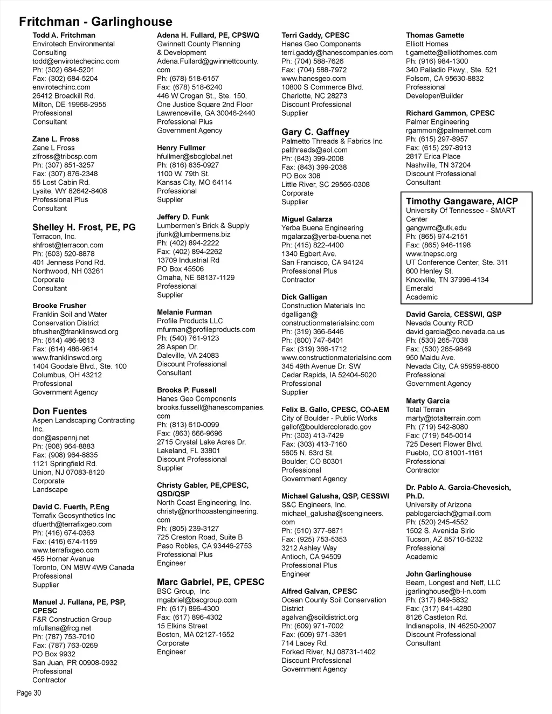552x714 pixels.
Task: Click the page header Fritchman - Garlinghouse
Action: pos(95,22)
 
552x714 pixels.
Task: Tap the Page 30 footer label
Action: pos(29,693)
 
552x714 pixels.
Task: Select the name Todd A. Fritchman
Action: pos(64,35)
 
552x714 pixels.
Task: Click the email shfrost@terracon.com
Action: pos(67,245)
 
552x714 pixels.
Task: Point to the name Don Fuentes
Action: pos(59,411)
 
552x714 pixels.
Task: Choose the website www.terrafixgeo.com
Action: pos(66,550)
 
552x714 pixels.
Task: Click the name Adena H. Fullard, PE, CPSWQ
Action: pos(208,35)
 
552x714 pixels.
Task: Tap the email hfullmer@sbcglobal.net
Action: pos(195,156)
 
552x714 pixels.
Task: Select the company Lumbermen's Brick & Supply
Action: pos(203,226)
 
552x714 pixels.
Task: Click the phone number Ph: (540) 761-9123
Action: pos(188,338)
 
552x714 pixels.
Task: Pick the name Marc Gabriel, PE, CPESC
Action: pos(210,582)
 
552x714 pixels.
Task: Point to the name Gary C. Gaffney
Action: pos(315,132)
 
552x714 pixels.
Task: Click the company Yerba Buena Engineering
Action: pos(322,228)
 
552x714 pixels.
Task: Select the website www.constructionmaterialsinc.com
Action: pos(336,358)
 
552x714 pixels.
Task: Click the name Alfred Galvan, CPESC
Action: pos(319,591)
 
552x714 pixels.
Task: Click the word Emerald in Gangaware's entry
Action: pos(419,288)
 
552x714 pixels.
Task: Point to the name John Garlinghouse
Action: pos(438,574)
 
